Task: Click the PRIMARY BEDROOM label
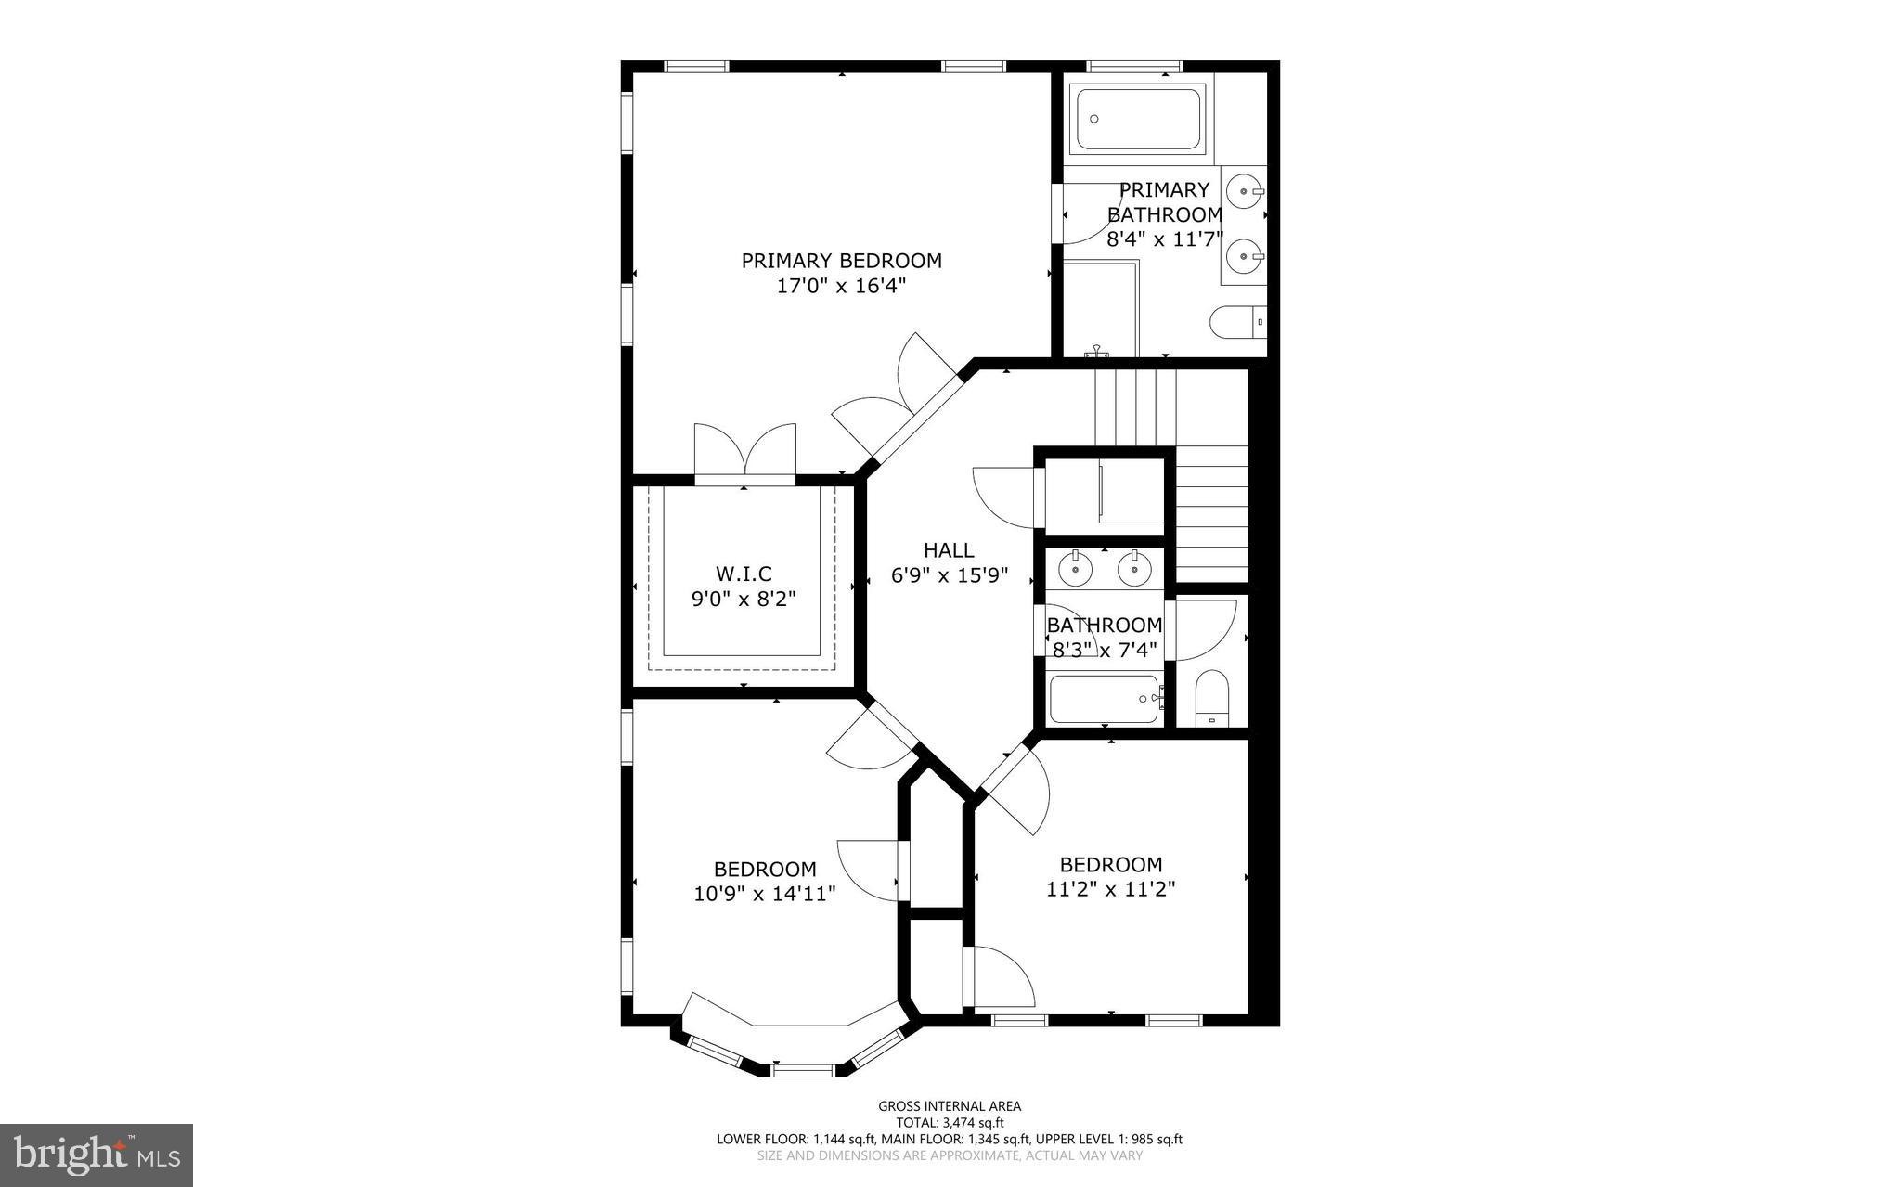point(841,261)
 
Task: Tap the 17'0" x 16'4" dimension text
point(841,287)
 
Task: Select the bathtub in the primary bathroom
point(1138,119)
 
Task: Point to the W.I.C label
point(744,574)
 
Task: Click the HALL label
point(949,550)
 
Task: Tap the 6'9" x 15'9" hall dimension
point(949,576)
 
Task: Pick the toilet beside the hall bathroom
point(1211,698)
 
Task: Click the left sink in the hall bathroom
point(1075,568)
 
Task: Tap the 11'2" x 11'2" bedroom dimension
point(1110,889)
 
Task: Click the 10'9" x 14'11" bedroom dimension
point(765,894)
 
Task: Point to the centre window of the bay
point(804,1070)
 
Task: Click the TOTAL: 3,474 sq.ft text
point(949,1122)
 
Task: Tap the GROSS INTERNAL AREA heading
point(949,1105)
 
